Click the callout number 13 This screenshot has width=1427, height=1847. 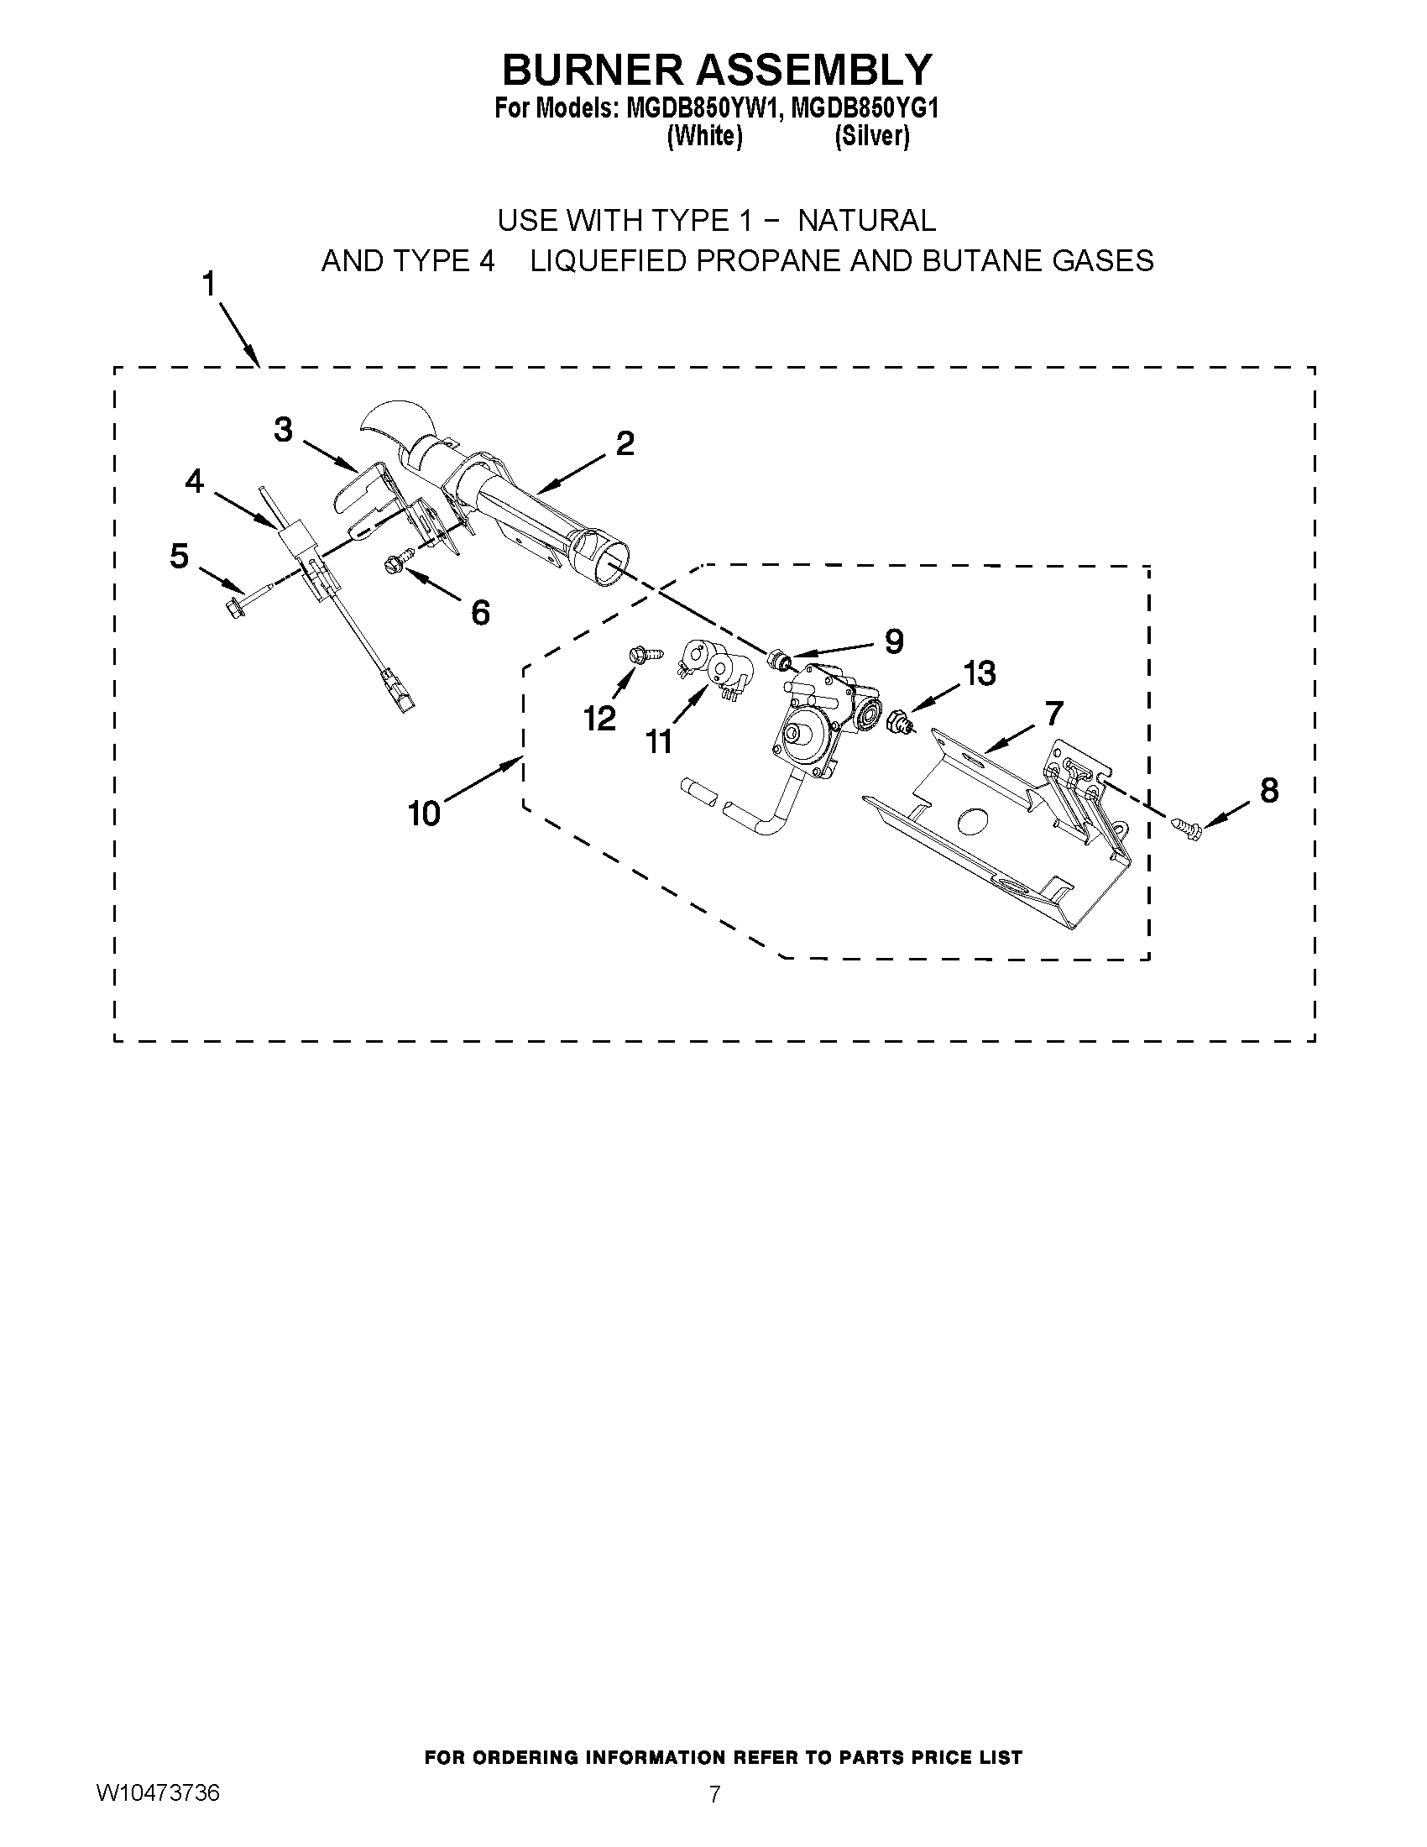[980, 673]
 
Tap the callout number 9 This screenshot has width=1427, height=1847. [894, 641]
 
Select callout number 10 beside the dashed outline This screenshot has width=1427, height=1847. [424, 814]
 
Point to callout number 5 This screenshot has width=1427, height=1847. [180, 557]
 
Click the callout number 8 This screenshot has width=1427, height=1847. [1269, 790]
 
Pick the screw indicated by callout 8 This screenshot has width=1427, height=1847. [1186, 828]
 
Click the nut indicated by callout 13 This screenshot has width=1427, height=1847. [900, 723]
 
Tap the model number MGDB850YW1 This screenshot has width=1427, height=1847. [699, 110]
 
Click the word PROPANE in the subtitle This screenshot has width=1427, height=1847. [767, 261]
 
